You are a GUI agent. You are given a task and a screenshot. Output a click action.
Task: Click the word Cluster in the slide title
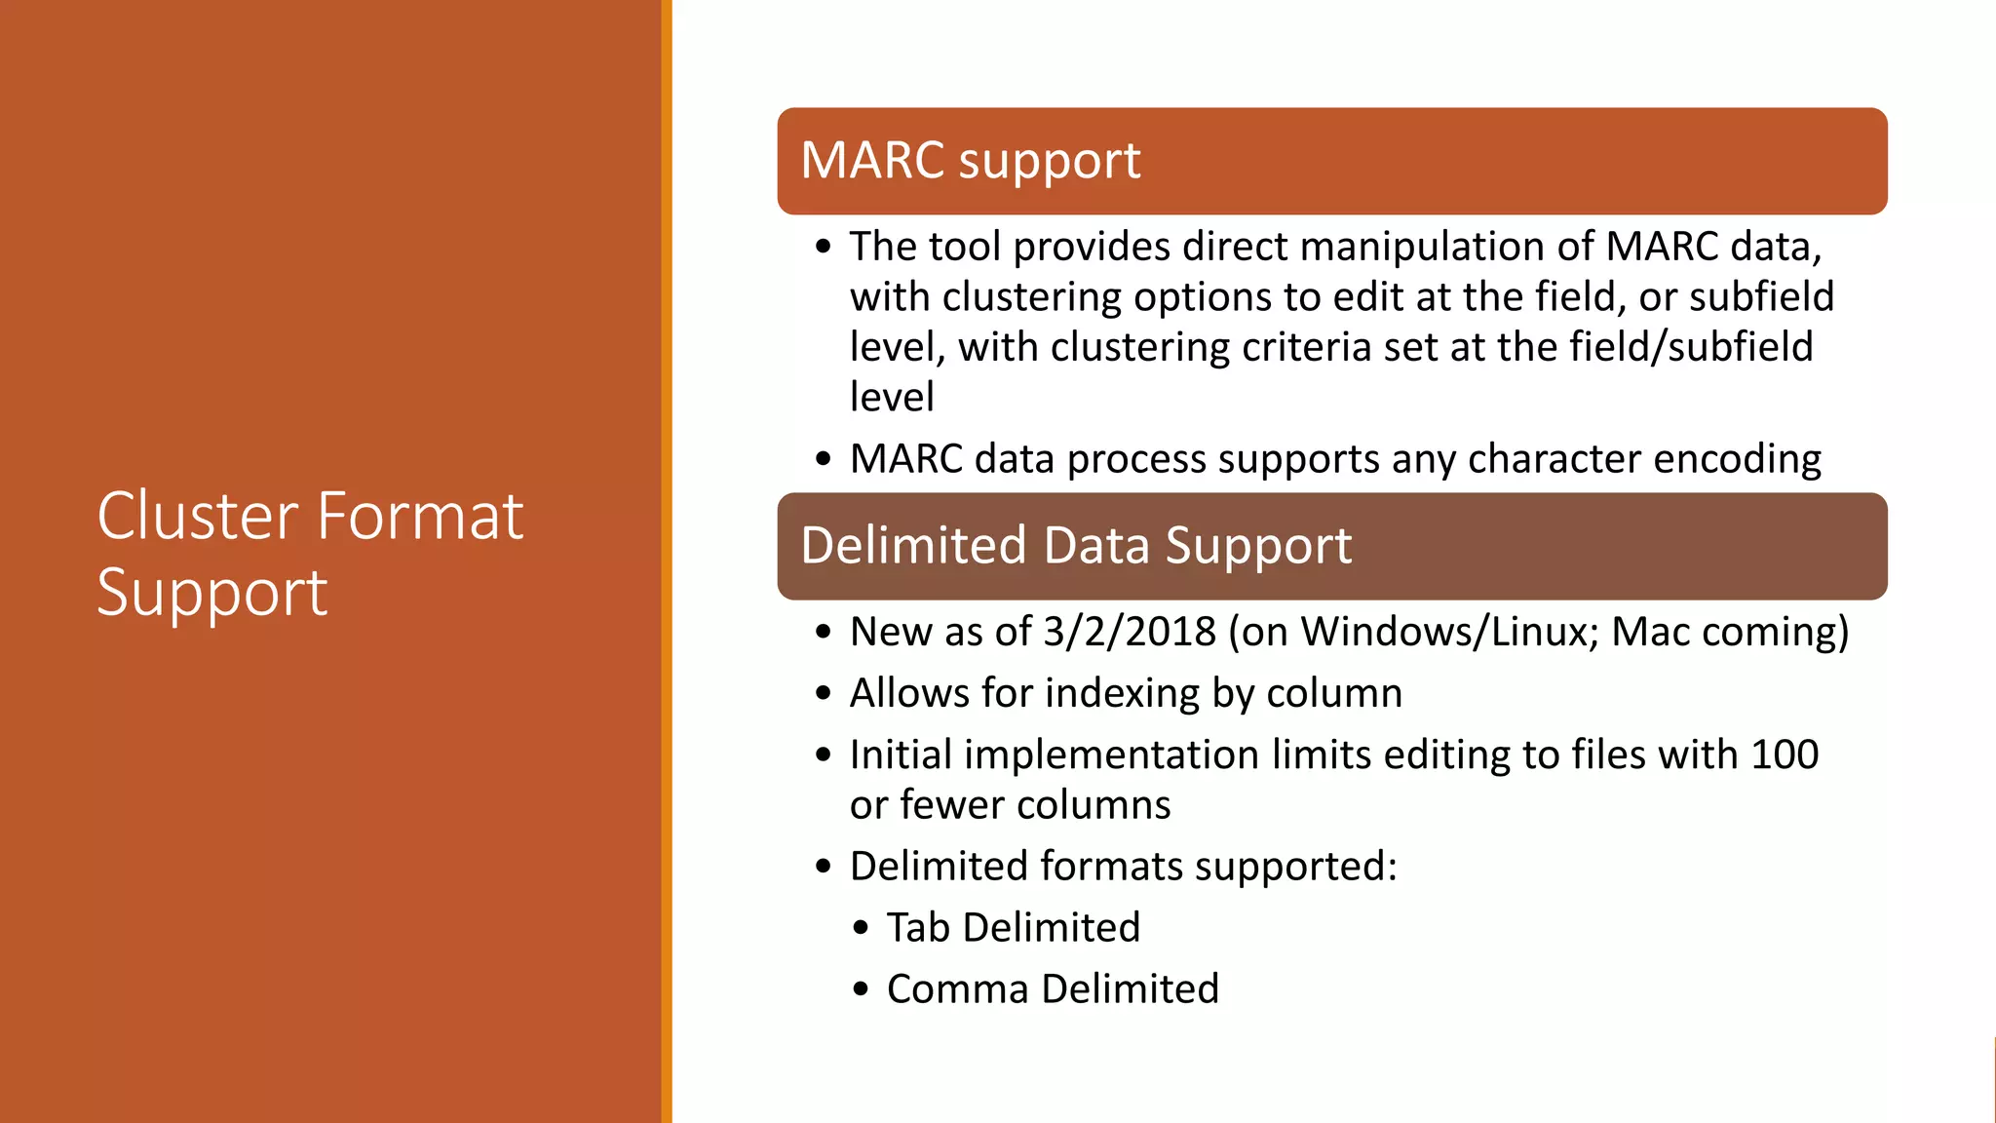[198, 517]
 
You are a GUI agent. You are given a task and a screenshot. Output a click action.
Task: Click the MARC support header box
[1331, 161]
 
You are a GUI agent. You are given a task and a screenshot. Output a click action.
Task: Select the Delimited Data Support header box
[1331, 546]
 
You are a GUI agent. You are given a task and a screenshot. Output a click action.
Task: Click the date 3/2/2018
[1130, 632]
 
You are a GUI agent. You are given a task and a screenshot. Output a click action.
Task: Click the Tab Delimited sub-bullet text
[1013, 927]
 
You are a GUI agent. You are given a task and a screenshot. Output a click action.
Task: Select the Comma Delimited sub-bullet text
[1053, 988]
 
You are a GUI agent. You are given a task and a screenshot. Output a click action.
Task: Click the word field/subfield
[1691, 347]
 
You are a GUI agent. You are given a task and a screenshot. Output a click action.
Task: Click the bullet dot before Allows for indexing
[824, 694]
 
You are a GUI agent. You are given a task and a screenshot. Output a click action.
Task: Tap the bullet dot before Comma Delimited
[860, 989]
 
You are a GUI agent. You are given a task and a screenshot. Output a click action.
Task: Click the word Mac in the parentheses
[1649, 632]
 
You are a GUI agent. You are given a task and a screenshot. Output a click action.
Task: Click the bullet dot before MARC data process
[824, 459]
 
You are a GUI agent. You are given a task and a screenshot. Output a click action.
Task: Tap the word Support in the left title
[212, 593]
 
